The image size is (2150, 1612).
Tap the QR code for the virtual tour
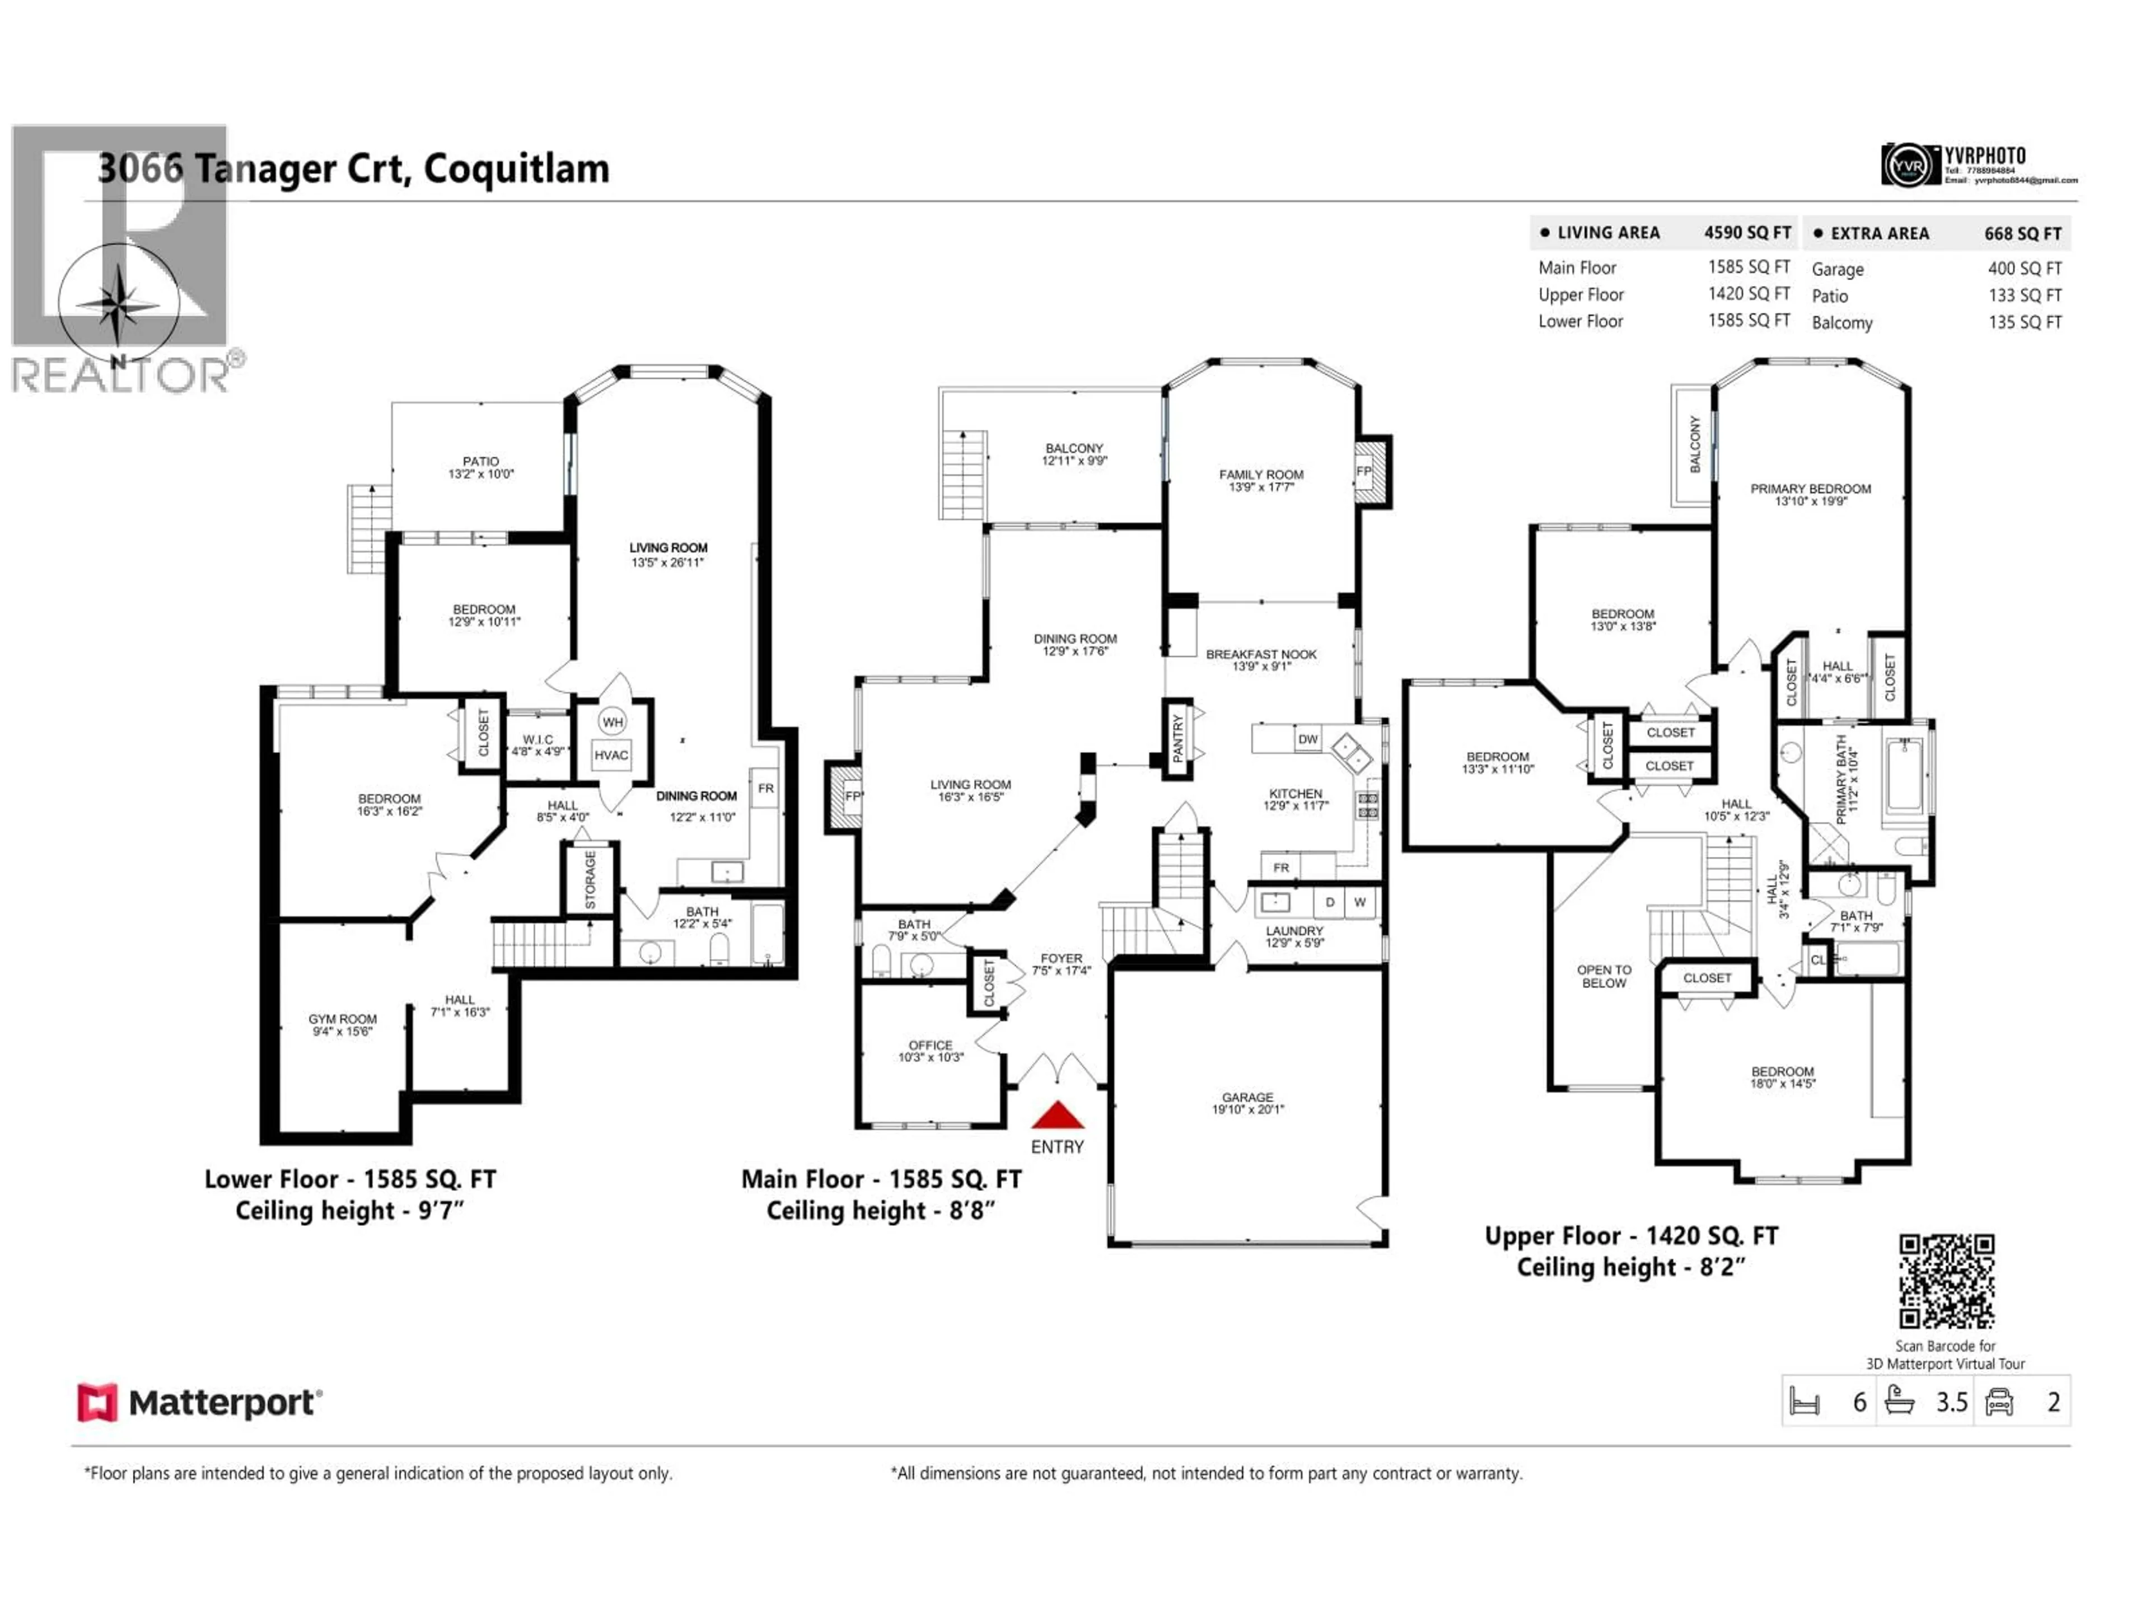click(1947, 1281)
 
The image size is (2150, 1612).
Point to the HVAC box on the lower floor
click(611, 755)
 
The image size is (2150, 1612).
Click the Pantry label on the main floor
click(1178, 738)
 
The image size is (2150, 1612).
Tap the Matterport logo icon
click(97, 1402)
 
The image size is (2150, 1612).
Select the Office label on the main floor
click(930, 1051)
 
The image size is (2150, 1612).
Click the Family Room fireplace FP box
click(1364, 471)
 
